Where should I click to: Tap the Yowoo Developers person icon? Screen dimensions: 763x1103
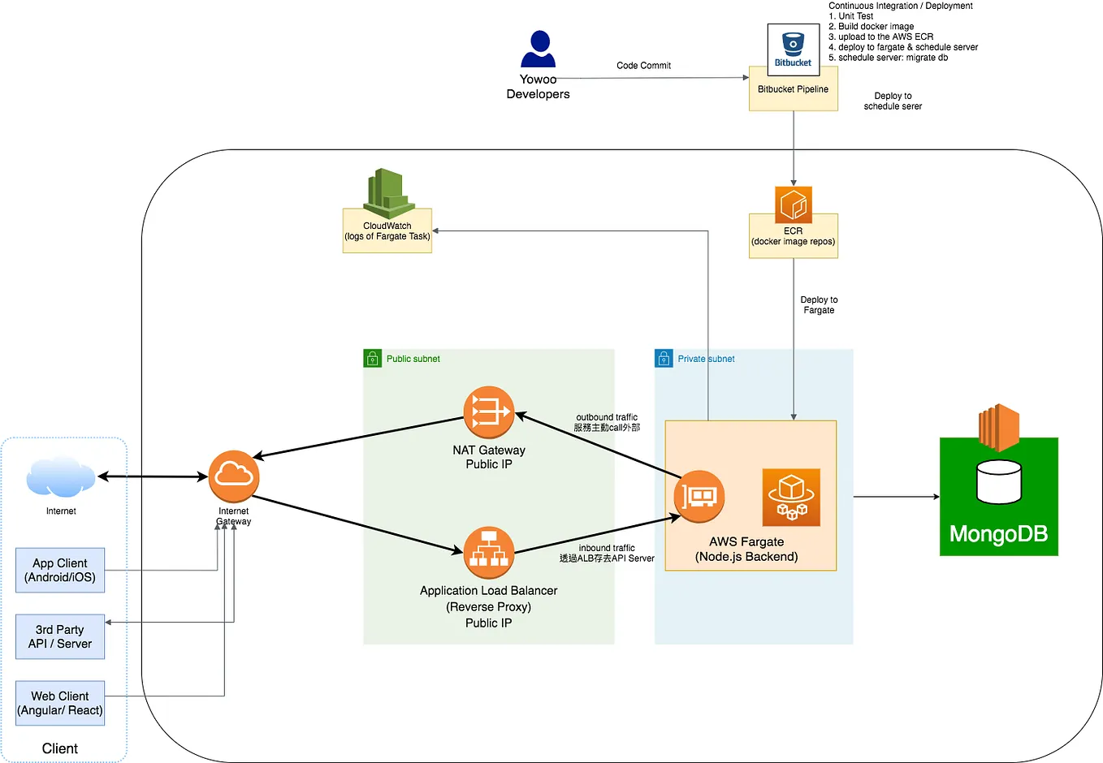tap(538, 50)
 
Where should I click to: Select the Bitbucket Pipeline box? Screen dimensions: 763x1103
tap(793, 89)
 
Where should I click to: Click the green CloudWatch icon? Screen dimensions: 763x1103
tap(387, 192)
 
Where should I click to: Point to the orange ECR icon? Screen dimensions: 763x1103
tap(793, 205)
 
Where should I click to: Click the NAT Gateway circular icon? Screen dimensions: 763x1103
tap(488, 412)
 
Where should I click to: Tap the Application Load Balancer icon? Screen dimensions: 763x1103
tap(488, 553)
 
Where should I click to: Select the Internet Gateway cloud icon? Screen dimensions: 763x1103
tap(233, 476)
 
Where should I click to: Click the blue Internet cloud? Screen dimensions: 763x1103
tap(60, 477)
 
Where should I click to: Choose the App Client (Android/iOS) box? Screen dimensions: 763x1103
tap(60, 570)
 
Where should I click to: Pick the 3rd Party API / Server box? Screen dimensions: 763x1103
tap(60, 636)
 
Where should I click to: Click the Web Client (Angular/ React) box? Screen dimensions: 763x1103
tap(60, 703)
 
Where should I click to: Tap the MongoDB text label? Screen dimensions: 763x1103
tap(998, 534)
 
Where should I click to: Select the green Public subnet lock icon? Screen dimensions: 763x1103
tap(372, 358)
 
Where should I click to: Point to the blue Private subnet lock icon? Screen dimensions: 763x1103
tap(664, 358)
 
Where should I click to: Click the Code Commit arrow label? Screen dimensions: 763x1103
tap(643, 66)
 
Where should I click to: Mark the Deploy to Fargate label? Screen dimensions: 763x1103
tap(819, 305)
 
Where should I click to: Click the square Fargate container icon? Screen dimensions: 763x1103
tap(791, 497)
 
